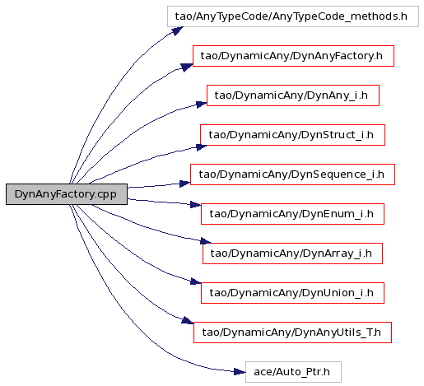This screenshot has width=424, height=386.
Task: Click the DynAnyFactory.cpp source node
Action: coord(67,194)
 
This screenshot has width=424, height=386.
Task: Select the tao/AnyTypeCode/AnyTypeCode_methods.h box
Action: coord(293,16)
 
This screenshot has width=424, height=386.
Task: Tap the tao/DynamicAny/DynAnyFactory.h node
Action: coord(293,56)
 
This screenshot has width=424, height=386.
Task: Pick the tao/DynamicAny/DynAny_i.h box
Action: coord(293,95)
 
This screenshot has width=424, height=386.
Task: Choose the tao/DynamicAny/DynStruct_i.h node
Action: coord(292,135)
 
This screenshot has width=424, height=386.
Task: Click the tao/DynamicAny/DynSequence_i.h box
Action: coord(292,174)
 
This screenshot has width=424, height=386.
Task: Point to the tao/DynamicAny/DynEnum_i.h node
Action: coord(292,214)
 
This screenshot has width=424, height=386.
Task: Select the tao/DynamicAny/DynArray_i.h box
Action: coord(292,253)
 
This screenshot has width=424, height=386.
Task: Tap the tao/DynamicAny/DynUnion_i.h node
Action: coord(292,293)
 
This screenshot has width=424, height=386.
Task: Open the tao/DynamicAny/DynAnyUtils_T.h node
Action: coord(292,333)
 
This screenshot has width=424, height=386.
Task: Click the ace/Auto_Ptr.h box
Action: coord(293,372)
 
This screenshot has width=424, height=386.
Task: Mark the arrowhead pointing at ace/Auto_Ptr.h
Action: coord(240,372)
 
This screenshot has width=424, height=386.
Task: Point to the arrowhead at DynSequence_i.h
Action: coord(185,184)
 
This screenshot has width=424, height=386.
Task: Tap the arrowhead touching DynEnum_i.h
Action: coord(196,205)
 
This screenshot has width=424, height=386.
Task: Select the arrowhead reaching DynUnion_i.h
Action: coord(196,281)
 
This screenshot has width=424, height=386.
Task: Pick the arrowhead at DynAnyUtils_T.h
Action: coord(188,320)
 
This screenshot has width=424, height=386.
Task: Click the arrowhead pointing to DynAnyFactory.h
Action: coord(187,67)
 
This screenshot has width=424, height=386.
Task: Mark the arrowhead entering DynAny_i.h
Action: coord(202,105)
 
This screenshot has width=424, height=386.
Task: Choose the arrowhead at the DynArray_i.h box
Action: coord(206,241)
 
